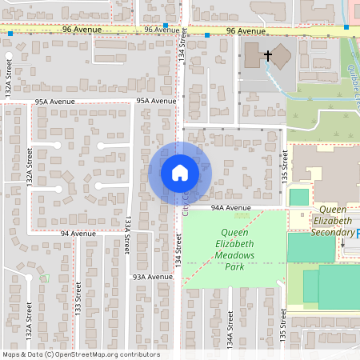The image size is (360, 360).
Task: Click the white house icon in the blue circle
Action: (179, 172)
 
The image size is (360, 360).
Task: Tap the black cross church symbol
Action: (267, 55)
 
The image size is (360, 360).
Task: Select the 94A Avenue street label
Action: (231, 207)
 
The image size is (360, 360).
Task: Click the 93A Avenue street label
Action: (152, 277)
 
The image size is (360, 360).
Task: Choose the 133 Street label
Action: (78, 298)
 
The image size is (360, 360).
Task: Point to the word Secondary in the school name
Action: (330, 232)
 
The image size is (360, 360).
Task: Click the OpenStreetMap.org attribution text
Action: (107, 354)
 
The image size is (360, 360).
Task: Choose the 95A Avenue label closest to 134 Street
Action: (156, 102)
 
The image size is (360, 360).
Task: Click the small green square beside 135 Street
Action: (298, 197)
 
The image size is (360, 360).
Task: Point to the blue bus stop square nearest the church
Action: (207, 35)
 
